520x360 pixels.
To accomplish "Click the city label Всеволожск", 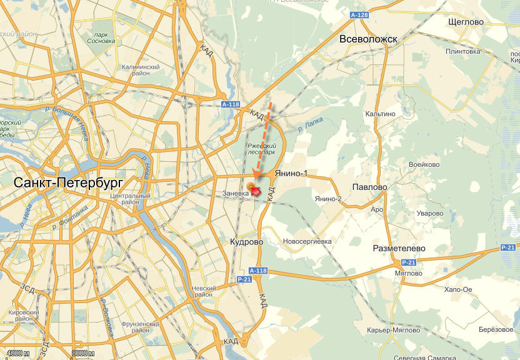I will (x=368, y=39).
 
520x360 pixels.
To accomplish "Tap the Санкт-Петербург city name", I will (x=68, y=182).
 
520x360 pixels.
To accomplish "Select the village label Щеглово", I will (x=466, y=22).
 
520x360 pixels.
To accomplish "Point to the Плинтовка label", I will (x=462, y=51).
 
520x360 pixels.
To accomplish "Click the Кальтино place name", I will (x=381, y=114).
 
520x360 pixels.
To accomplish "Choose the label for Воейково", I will (x=424, y=165).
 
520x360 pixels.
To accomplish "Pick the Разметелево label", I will (x=399, y=248).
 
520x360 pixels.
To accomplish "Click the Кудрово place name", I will (x=247, y=242).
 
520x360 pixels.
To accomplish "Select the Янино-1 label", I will (x=292, y=174).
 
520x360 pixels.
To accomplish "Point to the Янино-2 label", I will (x=328, y=199).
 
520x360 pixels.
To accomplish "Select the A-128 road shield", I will (x=359, y=14).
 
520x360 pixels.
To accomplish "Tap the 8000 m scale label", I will (x=83, y=354).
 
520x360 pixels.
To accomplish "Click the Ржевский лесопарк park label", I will (x=261, y=148).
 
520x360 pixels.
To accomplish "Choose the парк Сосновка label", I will (x=101, y=38).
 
